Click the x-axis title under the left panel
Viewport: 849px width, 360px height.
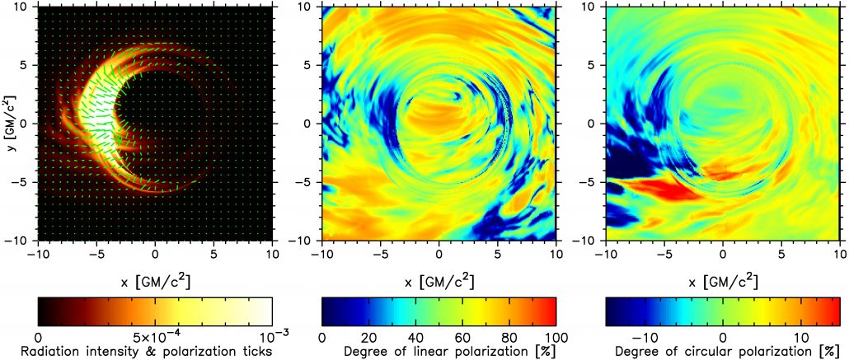pyautogui.click(x=155, y=281)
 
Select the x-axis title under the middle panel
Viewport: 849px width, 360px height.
pyautogui.click(x=439, y=281)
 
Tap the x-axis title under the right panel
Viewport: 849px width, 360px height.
pyautogui.click(x=722, y=281)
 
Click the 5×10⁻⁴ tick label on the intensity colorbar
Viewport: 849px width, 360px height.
pyautogui.click(x=155, y=337)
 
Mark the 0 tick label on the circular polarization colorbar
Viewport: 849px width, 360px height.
pyautogui.click(x=722, y=337)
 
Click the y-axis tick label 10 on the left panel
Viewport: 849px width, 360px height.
pyautogui.click(x=26, y=7)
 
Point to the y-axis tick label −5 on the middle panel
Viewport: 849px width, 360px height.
pyautogui.click(x=309, y=183)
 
